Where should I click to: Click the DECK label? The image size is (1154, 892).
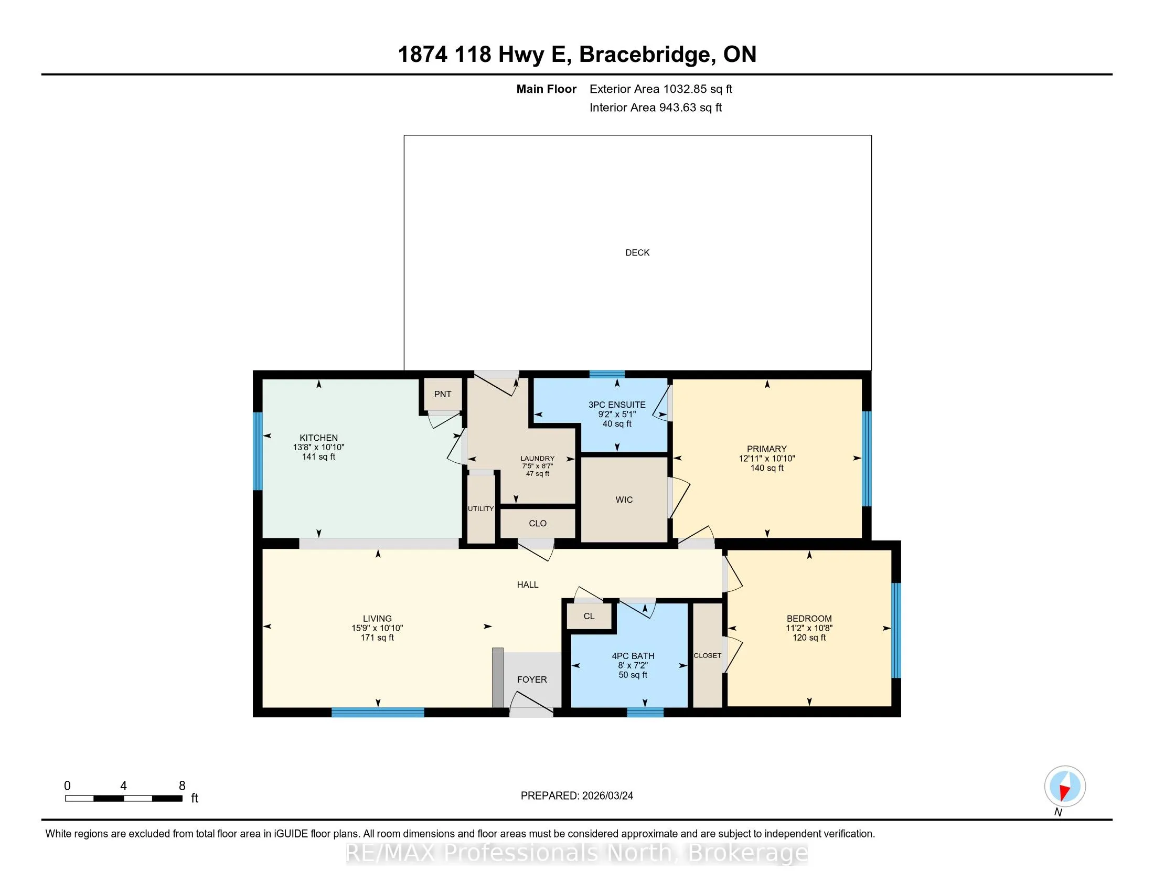(637, 252)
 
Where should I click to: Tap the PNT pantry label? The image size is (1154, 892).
(443, 394)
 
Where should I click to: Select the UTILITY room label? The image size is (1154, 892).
(481, 509)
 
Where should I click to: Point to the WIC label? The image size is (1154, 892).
(624, 500)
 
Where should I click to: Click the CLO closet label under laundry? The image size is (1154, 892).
(538, 523)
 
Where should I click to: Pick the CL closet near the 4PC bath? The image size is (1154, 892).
(589, 616)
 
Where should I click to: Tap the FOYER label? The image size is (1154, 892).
(532, 679)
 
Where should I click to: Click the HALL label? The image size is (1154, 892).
(528, 585)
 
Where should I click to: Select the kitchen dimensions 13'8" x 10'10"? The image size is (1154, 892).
(318, 447)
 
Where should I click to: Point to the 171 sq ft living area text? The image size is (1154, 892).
(377, 638)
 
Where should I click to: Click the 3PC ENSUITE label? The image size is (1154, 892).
(617, 405)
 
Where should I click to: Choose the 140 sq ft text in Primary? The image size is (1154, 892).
(767, 468)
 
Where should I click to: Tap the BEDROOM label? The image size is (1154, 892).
(809, 618)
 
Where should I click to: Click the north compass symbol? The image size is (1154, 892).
(1065, 787)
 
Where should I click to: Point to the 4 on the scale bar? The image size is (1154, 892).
(124, 786)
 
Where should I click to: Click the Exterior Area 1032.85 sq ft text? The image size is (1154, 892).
(661, 89)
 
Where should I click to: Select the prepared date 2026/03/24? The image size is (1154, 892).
(607, 796)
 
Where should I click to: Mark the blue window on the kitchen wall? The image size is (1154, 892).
(258, 451)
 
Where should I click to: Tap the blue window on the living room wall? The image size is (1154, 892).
(378, 713)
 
